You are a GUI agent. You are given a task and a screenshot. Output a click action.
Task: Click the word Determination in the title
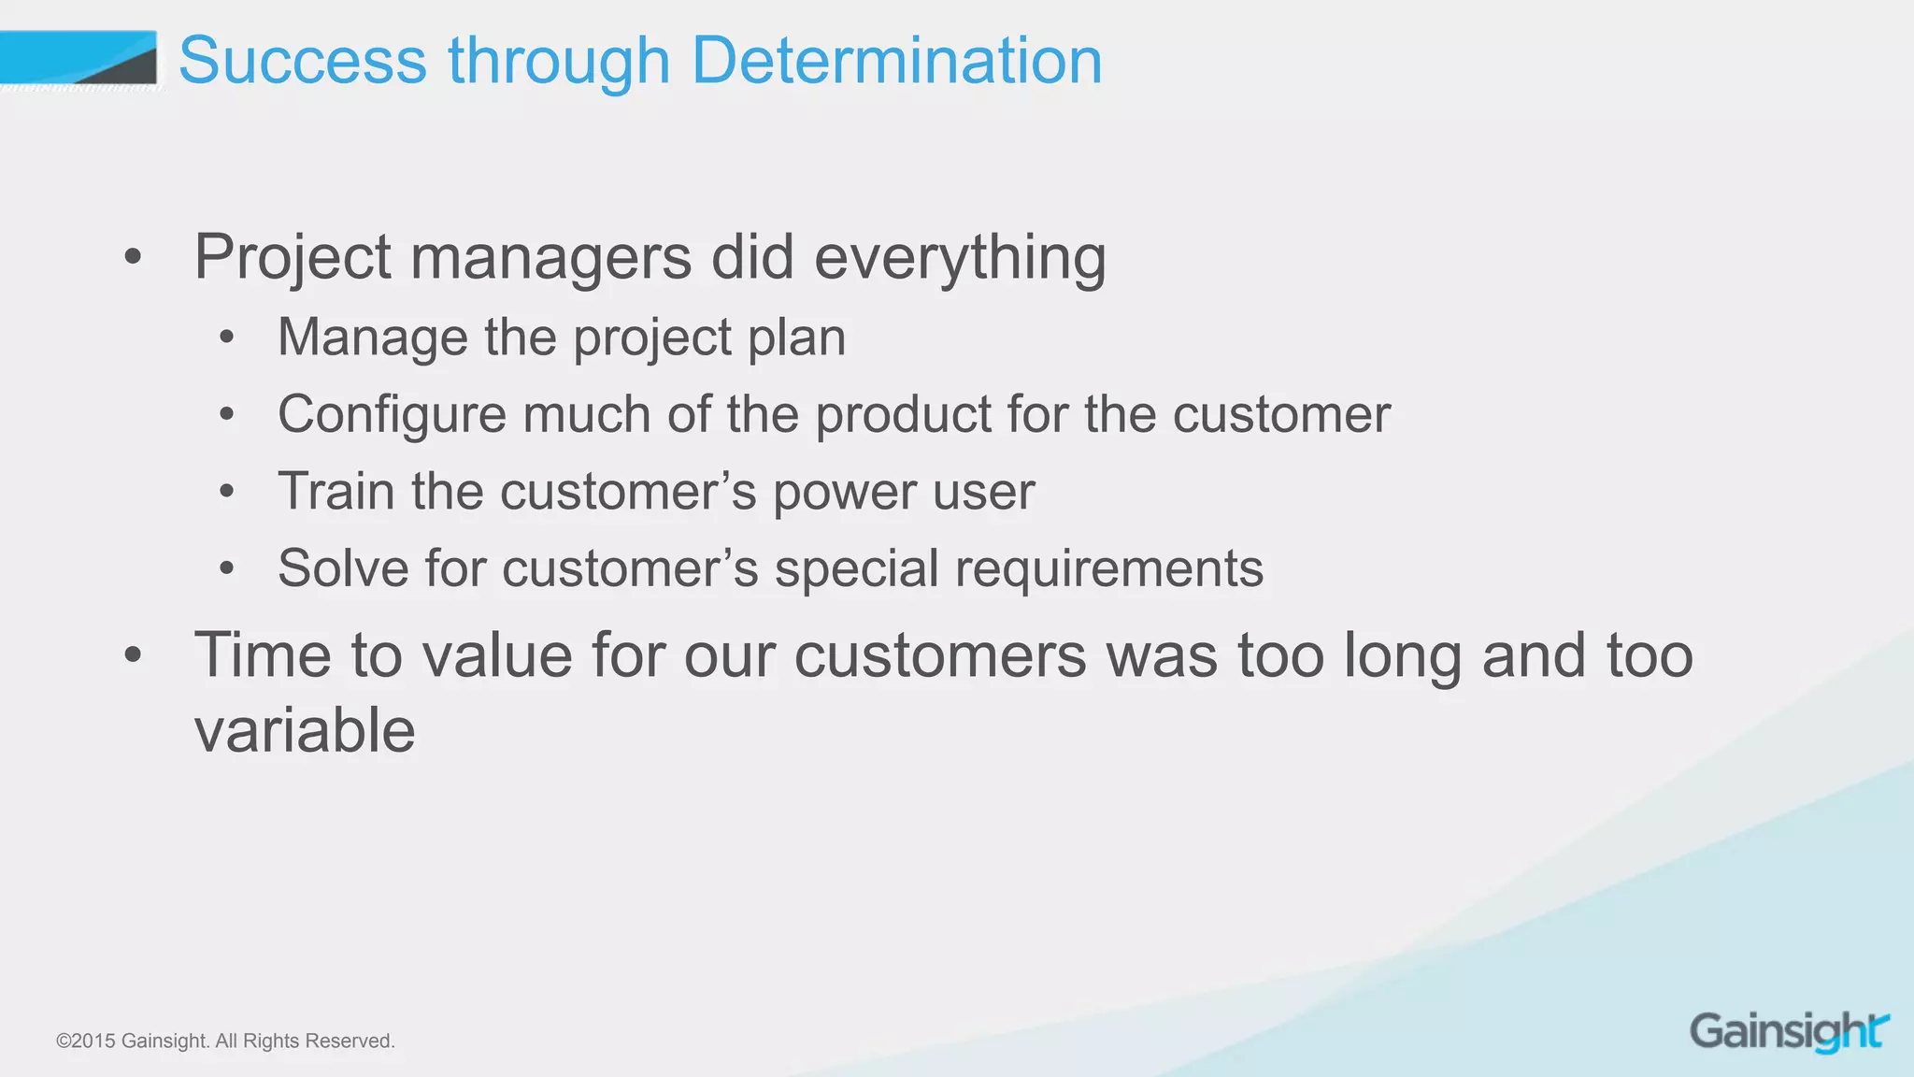point(896,61)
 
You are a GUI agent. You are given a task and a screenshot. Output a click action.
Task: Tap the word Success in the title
point(302,61)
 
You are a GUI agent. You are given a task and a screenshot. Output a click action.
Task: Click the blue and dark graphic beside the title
point(79,58)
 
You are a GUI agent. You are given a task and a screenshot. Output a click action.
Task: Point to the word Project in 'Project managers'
point(293,257)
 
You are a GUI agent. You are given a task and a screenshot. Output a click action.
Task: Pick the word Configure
point(392,415)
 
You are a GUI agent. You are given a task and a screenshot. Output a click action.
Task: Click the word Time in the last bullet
point(263,655)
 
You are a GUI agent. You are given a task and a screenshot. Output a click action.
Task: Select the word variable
point(305,730)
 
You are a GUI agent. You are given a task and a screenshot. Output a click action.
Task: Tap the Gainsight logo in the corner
point(1789,1032)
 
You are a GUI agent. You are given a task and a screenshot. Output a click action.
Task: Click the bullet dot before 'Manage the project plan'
point(226,338)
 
